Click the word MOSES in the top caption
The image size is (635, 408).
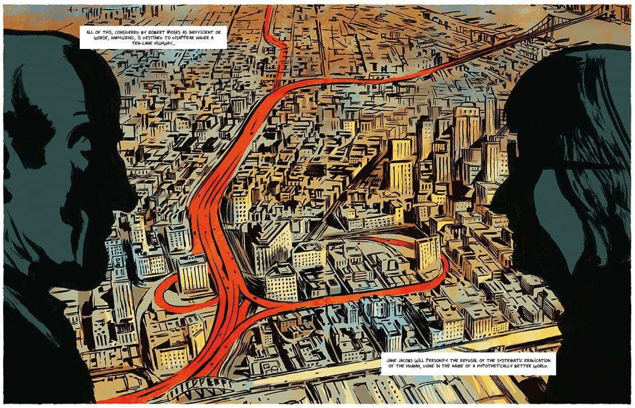point(160,30)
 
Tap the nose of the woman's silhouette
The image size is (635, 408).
point(495,202)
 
